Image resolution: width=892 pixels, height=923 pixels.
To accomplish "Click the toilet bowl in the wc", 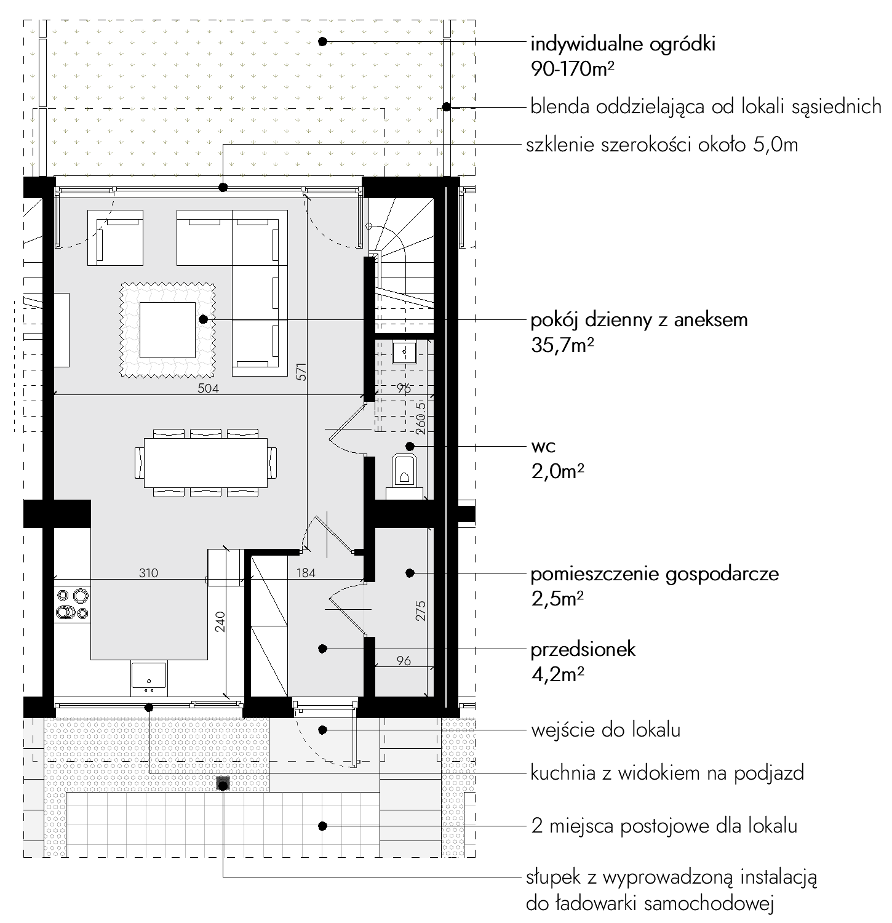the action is coord(405,471).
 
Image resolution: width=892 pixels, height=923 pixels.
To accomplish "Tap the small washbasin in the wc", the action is coord(405,352).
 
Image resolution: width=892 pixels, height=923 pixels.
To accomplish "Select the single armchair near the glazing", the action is coord(116,238).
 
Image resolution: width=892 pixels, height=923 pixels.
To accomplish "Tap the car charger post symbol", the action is coord(223,783).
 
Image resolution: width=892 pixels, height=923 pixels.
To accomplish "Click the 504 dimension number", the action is coord(208,388).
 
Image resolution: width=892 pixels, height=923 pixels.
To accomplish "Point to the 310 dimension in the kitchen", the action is coord(148,573).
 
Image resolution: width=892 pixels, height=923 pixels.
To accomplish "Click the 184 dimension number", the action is coord(306,573).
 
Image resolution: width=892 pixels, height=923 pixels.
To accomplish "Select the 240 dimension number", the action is coord(221,621).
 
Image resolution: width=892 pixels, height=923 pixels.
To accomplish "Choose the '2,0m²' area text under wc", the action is coord(557,472).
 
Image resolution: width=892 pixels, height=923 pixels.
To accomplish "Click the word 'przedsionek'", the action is coord(583,650).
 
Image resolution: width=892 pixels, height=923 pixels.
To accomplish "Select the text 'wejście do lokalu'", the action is coord(605,730).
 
